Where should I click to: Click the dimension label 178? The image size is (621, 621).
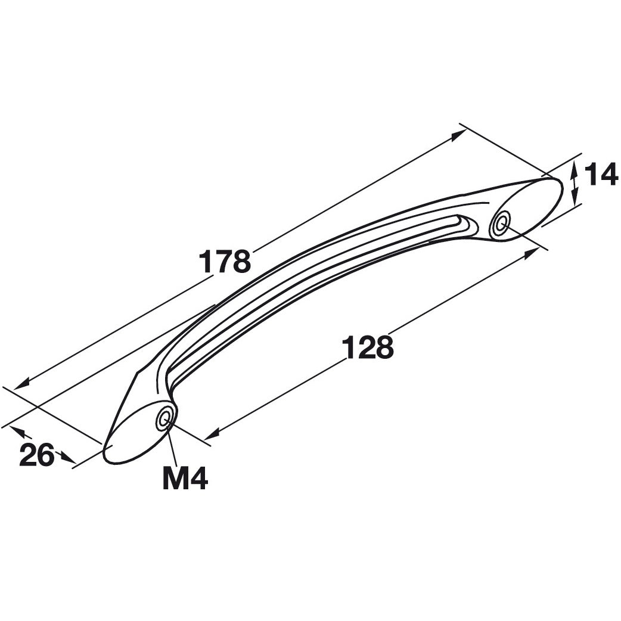coord(225,262)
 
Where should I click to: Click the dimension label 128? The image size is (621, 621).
coord(368,347)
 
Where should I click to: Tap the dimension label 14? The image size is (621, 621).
coord(601,174)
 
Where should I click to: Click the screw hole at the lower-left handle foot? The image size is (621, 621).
coord(164,418)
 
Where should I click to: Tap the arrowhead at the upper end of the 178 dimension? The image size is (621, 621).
coord(458,135)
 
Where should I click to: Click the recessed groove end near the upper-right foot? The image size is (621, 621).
coord(464,225)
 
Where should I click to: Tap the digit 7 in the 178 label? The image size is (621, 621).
coord(225,262)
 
